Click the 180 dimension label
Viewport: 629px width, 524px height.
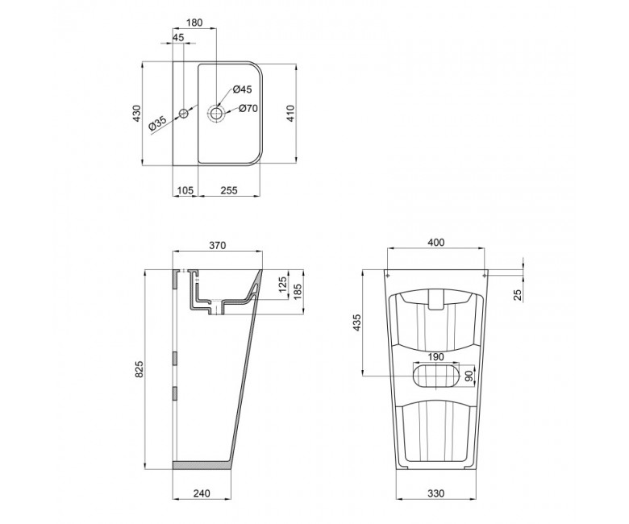pos(194,23)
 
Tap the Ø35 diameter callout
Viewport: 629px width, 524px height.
pos(157,123)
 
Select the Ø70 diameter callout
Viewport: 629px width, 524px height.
pos(248,108)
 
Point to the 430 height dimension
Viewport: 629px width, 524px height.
pos(137,114)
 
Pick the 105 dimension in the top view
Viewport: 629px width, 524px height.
pos(185,190)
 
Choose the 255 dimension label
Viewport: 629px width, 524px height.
pos(229,190)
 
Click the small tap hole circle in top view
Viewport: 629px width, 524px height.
pos(184,113)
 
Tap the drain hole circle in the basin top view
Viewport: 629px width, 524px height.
pos(217,112)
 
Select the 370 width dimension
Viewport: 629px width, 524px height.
pos(218,245)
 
